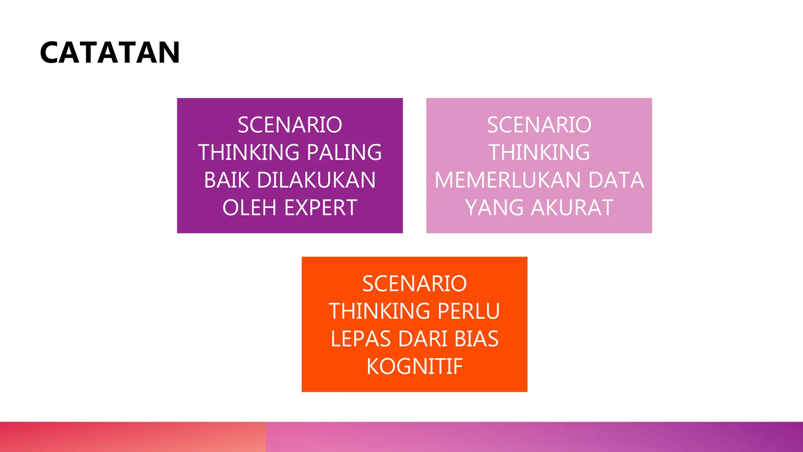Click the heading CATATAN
[110, 53]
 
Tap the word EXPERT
[320, 208]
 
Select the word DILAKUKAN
[316, 180]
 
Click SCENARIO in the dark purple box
[290, 125]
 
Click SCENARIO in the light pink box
[539, 125]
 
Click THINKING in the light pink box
[539, 153]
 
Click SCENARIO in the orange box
[414, 284]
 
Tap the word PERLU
[468, 311]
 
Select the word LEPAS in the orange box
[360, 339]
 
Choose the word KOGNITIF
[414, 366]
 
